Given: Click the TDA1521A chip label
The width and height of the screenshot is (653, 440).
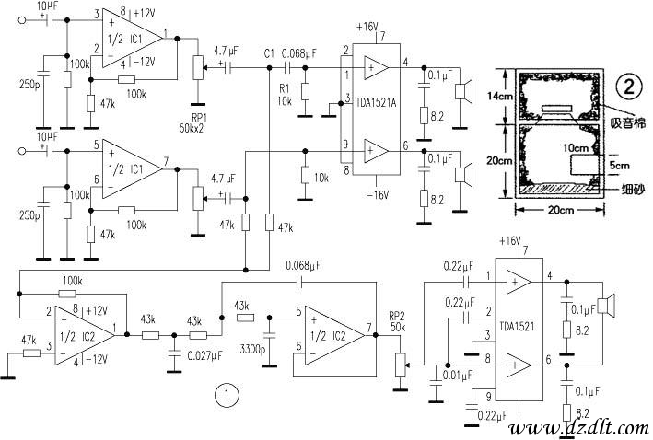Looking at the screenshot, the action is coord(375,102).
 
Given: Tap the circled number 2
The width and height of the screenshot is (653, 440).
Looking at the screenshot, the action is coord(628,87).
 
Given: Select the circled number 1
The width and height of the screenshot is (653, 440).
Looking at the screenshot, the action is coord(227,395).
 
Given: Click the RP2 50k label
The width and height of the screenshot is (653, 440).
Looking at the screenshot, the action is coord(398,321).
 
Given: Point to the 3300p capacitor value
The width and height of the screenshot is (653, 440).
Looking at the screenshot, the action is coord(252,349).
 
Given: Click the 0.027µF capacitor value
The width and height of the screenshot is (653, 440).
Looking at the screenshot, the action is coord(204,356).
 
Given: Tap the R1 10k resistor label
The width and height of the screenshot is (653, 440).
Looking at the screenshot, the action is coord(286,95).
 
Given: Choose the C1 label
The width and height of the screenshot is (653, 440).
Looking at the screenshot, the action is coord(269,53).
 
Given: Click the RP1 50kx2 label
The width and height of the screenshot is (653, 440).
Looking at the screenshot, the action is coord(192,122).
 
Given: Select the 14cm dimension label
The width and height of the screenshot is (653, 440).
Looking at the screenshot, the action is coord(499,96).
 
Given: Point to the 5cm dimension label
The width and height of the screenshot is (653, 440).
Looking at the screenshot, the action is coord(620,166).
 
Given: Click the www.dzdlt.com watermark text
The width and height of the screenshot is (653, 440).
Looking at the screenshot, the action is coord(580,429).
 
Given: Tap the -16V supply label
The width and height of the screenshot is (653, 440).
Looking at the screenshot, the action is coord(377,195).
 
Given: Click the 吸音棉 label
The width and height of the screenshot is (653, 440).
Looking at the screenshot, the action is coord(628,122).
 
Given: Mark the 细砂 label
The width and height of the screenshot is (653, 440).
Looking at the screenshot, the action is coord(634,190).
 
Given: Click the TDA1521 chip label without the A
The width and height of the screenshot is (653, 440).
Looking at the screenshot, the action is coord(517,326).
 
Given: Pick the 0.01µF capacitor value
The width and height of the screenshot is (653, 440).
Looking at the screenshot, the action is coord(457,375).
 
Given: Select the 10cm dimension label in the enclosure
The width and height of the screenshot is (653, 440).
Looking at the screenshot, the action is coord(575,148).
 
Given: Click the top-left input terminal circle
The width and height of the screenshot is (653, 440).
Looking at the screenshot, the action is coord(22,20).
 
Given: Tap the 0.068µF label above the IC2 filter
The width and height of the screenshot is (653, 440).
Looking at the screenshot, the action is coord(304,265).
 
